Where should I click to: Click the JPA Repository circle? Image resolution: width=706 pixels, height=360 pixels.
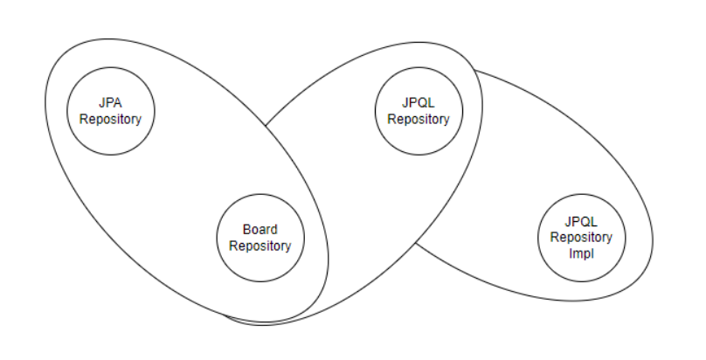tap(110, 112)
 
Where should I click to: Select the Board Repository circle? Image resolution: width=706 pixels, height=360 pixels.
tap(260, 238)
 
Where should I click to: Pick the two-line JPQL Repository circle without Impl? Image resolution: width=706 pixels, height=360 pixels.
tap(419, 112)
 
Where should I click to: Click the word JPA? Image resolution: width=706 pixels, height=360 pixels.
tap(110, 104)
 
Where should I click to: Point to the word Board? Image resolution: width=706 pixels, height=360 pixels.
tap(260, 230)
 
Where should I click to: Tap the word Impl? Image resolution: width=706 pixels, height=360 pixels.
tap(577, 253)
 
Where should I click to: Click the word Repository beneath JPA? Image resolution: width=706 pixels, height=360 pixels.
tap(110, 120)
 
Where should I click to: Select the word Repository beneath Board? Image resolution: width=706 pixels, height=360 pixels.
tap(260, 246)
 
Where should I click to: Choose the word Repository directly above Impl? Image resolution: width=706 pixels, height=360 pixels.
tap(577, 238)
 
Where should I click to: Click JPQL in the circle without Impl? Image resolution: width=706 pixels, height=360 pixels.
tap(419, 104)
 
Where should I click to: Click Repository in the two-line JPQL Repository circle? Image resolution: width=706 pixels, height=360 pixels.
tap(419, 120)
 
